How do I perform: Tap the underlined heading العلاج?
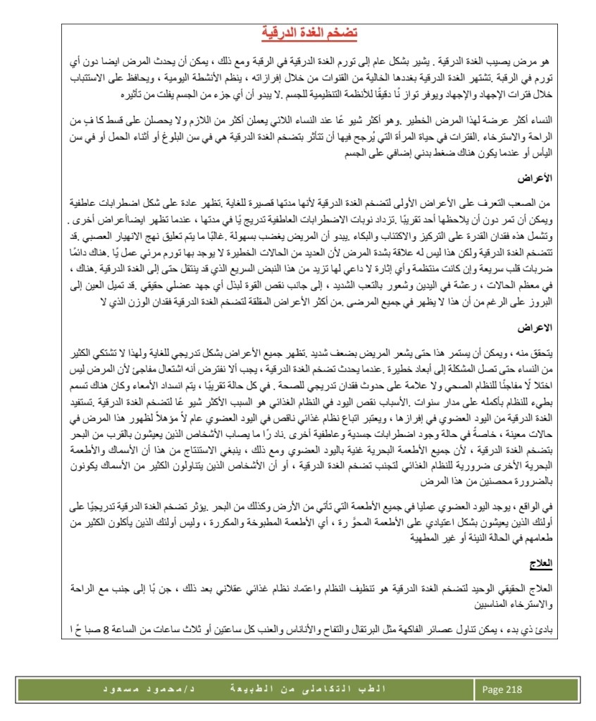pos(544,563)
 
